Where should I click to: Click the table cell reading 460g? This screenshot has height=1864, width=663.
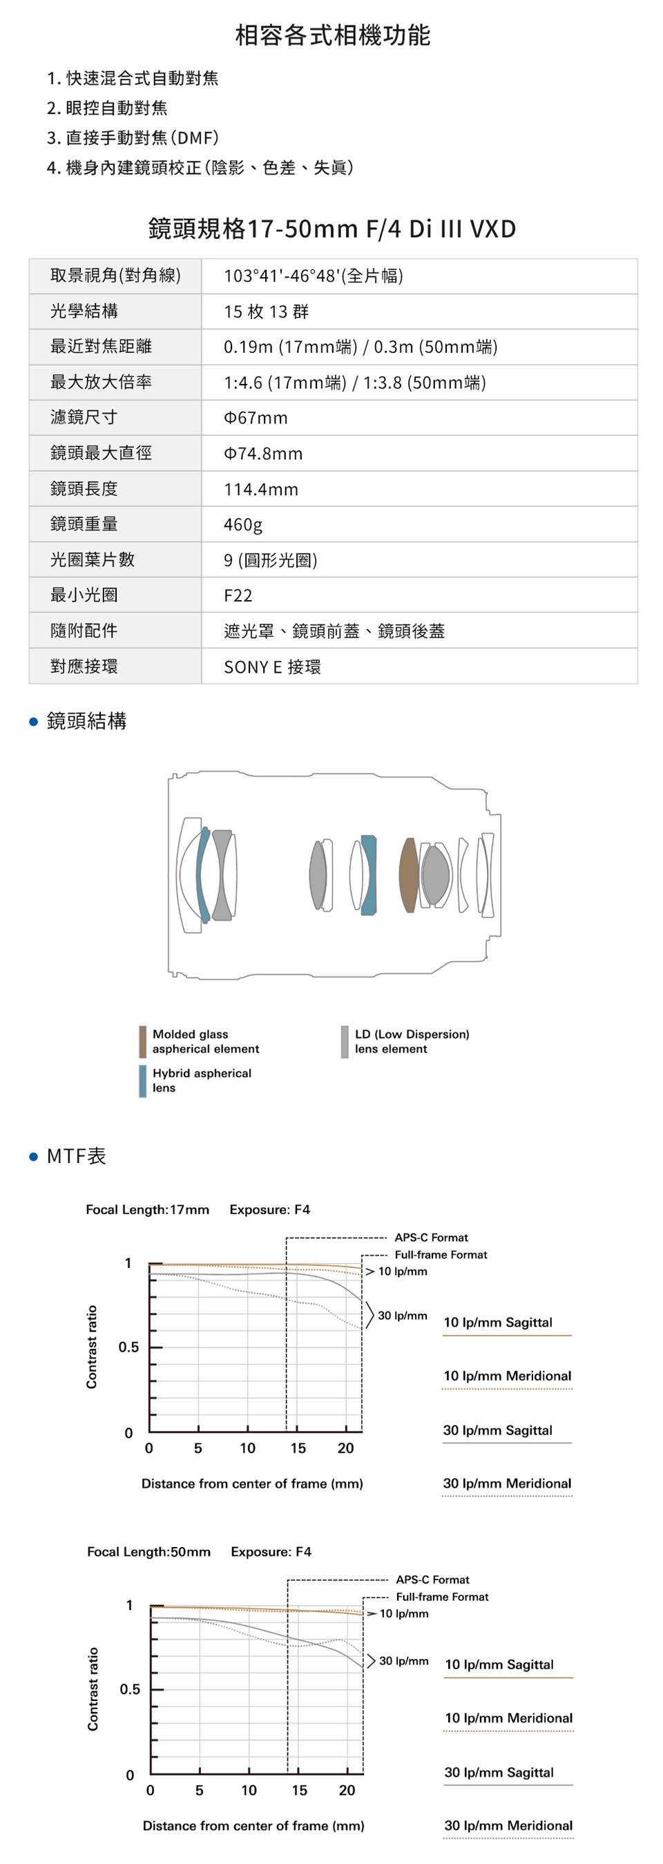[x=243, y=524]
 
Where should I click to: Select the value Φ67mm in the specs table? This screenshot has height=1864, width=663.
[x=256, y=418]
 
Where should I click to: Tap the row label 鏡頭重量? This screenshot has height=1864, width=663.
[x=84, y=523]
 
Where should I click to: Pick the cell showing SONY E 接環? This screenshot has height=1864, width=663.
[x=272, y=666]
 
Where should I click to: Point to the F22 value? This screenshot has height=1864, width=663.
[x=238, y=595]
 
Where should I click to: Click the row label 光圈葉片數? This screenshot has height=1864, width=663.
[x=92, y=559]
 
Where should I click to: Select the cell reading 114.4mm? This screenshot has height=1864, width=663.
[x=260, y=488]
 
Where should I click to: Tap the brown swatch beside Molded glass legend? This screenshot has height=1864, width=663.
[x=142, y=1041]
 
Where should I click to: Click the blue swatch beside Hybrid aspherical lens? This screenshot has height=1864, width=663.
[x=142, y=1080]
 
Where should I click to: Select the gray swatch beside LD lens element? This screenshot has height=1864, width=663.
[x=345, y=1041]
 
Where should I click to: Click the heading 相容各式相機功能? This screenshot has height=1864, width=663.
[x=332, y=35]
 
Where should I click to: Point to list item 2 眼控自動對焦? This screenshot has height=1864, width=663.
[x=107, y=108]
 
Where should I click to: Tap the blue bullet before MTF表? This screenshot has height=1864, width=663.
[x=33, y=1156]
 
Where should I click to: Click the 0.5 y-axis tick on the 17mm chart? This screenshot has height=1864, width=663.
[x=129, y=1347]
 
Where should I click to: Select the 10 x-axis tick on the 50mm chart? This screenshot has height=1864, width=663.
[x=249, y=1789]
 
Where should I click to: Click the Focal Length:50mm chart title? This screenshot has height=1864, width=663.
[x=149, y=1551]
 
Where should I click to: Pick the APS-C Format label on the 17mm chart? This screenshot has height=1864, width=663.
[x=431, y=1238]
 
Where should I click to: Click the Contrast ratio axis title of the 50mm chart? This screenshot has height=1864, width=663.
[x=93, y=1689]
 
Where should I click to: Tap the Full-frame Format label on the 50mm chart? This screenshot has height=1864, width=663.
[x=441, y=1596]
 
